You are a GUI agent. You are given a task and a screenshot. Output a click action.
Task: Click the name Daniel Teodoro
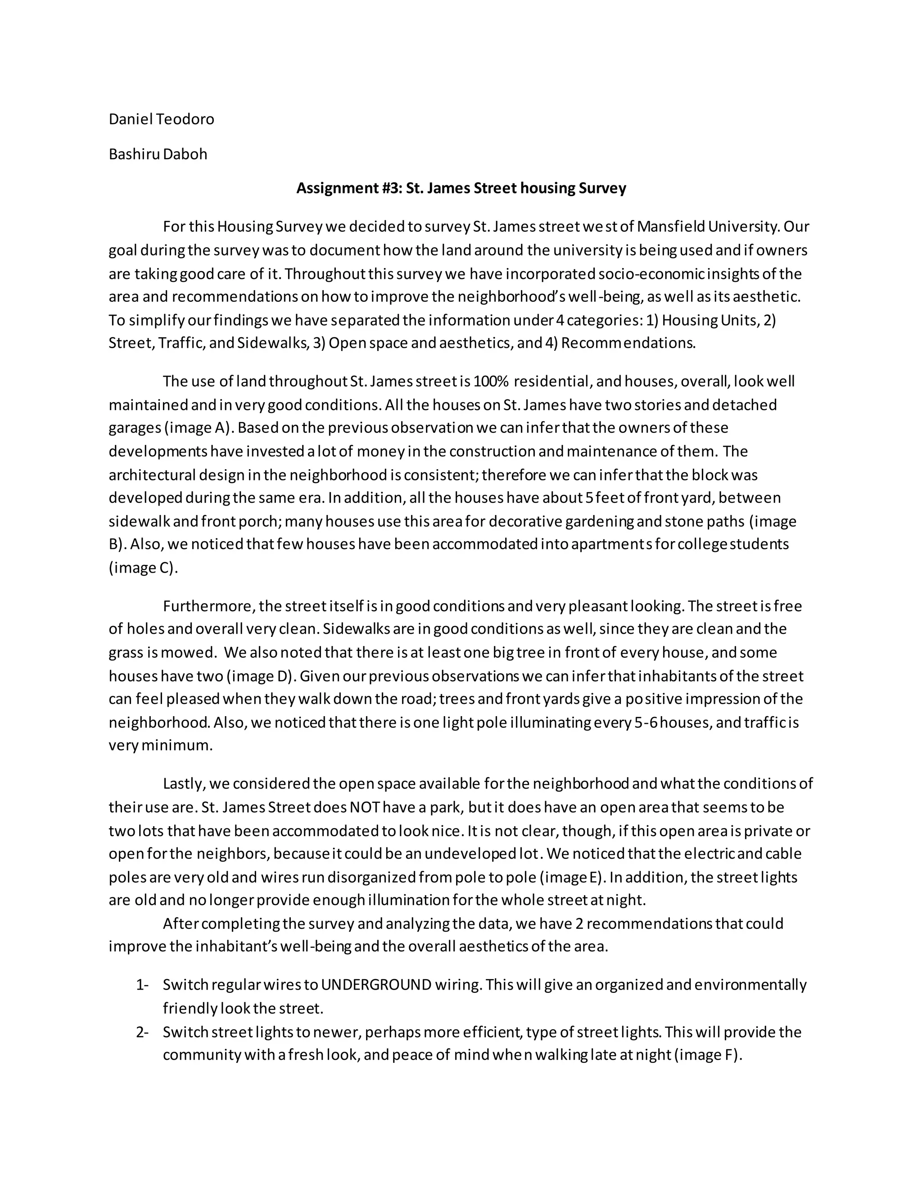161,119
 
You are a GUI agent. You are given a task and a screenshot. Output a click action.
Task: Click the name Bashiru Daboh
158,154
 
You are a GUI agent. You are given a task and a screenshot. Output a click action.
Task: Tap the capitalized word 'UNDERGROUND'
376,985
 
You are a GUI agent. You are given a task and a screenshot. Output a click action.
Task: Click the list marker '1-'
142,985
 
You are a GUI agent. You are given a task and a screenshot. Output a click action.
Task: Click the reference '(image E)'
573,878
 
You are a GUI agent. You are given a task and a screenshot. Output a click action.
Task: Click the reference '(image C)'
143,568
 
